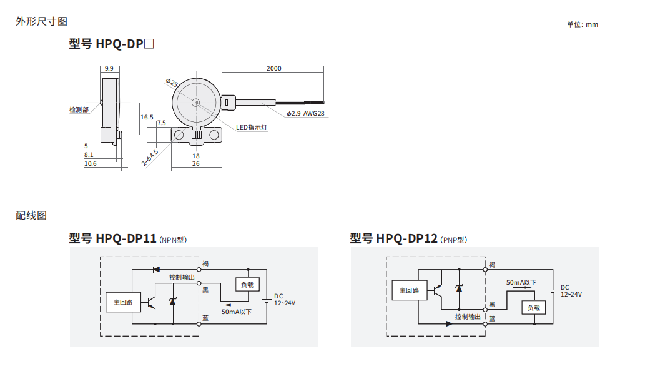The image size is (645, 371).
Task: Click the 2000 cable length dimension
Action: [x=273, y=68]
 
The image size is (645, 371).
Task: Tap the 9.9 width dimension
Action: [x=109, y=68]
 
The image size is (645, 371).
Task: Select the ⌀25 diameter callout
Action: [x=172, y=83]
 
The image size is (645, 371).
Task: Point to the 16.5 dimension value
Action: [x=147, y=118]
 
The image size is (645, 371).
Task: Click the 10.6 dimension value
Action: [x=91, y=164]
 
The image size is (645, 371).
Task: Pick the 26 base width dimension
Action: [x=196, y=164]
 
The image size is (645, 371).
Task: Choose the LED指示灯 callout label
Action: [x=252, y=128]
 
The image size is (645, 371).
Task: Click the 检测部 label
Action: [x=79, y=109]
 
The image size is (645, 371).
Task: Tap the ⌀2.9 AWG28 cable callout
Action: [x=305, y=113]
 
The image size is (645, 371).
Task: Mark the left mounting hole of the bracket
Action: [x=179, y=135]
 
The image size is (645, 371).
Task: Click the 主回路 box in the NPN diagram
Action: [x=123, y=302]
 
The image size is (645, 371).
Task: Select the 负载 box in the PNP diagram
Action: [x=533, y=308]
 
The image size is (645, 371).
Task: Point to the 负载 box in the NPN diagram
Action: [x=247, y=285]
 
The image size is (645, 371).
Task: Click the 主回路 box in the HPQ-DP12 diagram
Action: [x=410, y=290]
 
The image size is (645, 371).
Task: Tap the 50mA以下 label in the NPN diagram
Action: [x=237, y=312]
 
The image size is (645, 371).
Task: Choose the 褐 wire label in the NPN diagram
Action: [x=205, y=264]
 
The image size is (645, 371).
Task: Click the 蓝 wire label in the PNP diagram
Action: [x=492, y=318]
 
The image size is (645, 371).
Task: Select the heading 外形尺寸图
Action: [x=42, y=21]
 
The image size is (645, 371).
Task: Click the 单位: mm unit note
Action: [x=583, y=24]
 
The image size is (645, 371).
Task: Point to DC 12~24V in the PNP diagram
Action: [x=571, y=291]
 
